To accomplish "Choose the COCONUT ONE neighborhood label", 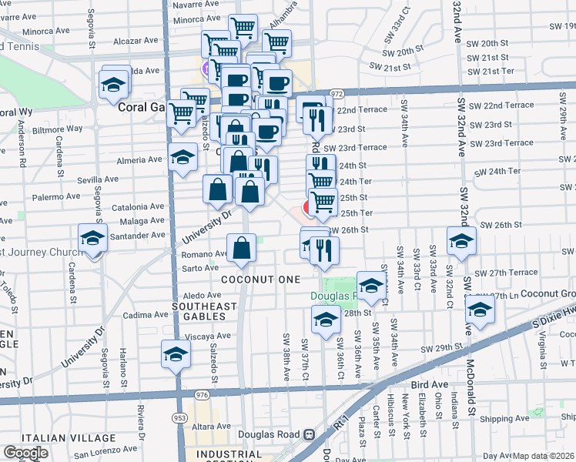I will pos(259,279).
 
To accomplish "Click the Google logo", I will pos(25,453).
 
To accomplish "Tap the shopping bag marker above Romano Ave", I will pos(242,248).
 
